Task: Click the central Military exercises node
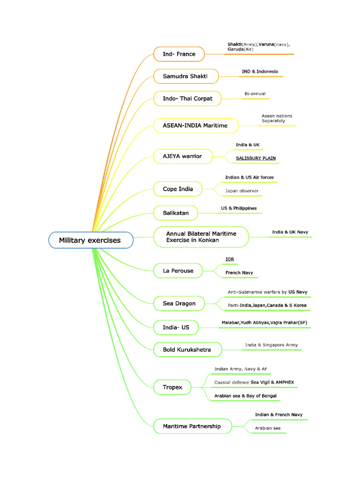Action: tap(91, 240)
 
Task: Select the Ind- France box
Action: tap(179, 54)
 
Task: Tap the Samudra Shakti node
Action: tap(186, 76)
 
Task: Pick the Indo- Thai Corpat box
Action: tap(187, 98)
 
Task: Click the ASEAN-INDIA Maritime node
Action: tap(196, 126)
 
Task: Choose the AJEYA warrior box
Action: tap(183, 157)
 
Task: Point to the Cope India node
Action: tap(178, 189)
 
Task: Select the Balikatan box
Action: tap(175, 213)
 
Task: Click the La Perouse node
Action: tap(178, 271)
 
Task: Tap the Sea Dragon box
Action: tap(179, 303)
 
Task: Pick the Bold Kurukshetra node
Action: tap(187, 350)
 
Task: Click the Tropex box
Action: tap(172, 387)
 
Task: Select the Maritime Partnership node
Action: tap(193, 426)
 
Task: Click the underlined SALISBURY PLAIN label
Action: tap(255, 158)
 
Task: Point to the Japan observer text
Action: tap(242, 191)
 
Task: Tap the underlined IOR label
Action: tap(230, 259)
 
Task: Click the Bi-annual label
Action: tap(255, 94)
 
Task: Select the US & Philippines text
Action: tap(239, 208)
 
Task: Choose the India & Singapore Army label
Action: tap(271, 345)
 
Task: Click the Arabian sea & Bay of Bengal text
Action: tap(246, 396)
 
